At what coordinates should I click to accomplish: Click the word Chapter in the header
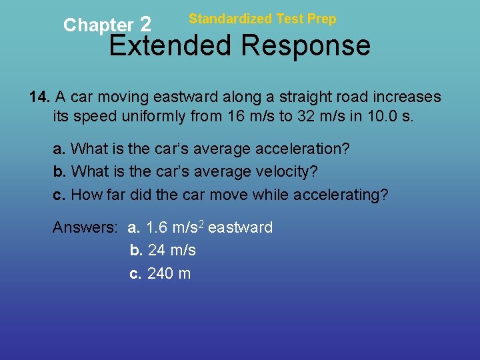click(x=98, y=25)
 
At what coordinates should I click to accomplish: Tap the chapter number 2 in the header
click(x=146, y=25)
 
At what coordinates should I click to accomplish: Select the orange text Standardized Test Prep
click(x=262, y=19)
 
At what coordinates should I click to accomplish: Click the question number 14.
click(x=39, y=97)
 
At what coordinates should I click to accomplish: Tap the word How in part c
click(x=85, y=195)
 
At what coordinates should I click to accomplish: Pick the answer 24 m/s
click(x=171, y=251)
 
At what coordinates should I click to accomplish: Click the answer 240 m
click(x=169, y=273)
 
